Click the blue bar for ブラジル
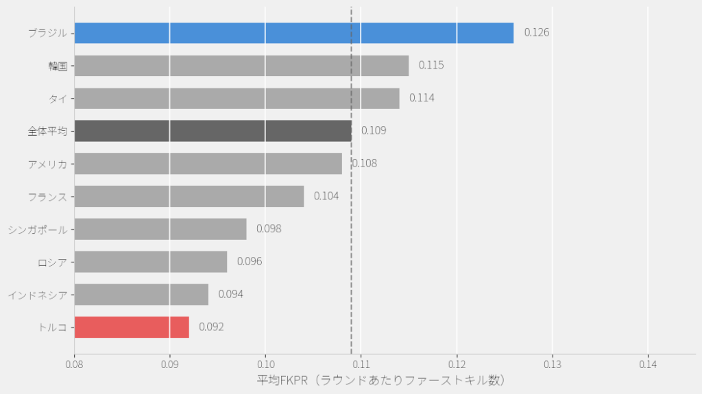(293, 33)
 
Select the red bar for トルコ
(132, 327)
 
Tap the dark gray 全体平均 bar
(213, 131)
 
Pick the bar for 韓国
(241, 66)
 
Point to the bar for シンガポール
(160, 229)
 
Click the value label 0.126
(537, 32)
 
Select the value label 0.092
(211, 327)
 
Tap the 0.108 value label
(365, 163)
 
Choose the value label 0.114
(422, 98)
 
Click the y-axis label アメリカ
(47, 164)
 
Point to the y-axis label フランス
(47, 197)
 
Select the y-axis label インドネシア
(38, 295)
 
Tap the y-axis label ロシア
(52, 262)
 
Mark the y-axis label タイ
(58, 99)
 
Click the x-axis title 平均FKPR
(380, 380)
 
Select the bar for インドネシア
(141, 295)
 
